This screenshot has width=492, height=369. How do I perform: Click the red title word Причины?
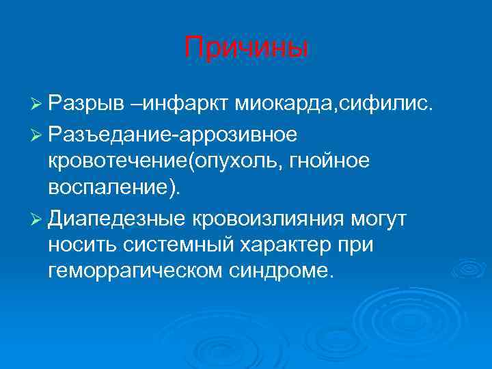point(246,49)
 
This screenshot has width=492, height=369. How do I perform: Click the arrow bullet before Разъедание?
point(38,135)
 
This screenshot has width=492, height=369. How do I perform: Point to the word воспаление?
point(111,189)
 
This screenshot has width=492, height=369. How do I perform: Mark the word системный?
point(175,245)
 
